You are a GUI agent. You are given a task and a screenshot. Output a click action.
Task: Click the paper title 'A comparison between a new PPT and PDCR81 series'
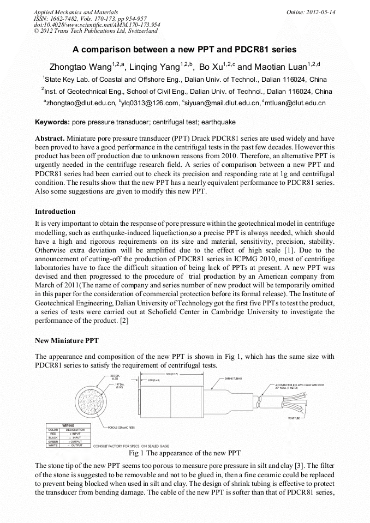point(184,49)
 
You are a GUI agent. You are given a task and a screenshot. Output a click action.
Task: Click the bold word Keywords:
point(52,122)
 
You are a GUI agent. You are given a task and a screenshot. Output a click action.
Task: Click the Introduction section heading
point(55,211)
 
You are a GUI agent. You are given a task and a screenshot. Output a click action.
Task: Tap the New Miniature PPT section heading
point(67,341)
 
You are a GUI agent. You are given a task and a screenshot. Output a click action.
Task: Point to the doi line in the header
point(97,25)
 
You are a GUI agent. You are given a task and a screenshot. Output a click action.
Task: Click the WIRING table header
point(68,425)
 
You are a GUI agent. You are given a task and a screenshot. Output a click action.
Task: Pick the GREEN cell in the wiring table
point(53,442)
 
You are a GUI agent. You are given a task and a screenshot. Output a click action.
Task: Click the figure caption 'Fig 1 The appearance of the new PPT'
point(184,453)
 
